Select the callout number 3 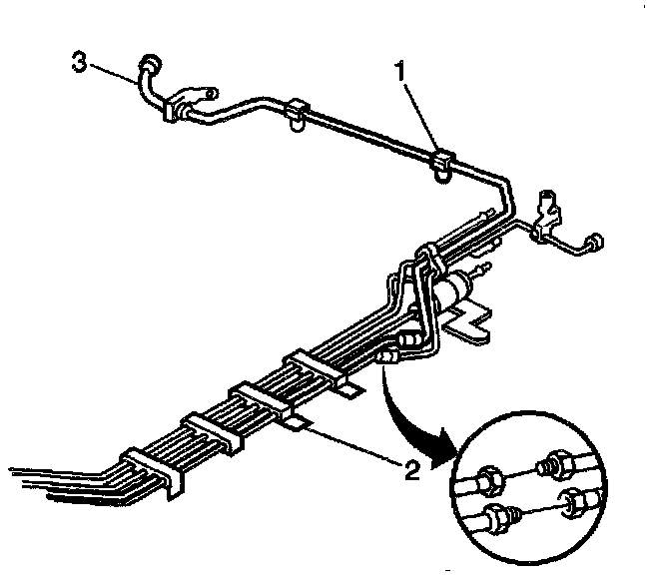77,63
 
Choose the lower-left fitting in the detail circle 498,519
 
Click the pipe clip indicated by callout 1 442,162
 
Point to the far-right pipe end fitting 594,243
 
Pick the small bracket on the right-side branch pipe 547,215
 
